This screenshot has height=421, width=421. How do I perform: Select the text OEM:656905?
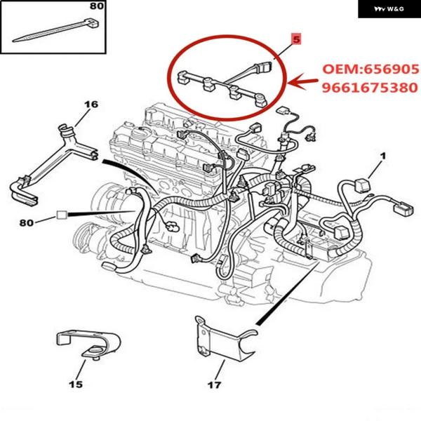[x=370, y=70]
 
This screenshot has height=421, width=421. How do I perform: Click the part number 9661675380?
[x=370, y=88]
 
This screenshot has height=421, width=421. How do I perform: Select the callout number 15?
[x=75, y=384]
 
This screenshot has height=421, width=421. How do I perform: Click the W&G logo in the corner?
[x=389, y=9]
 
